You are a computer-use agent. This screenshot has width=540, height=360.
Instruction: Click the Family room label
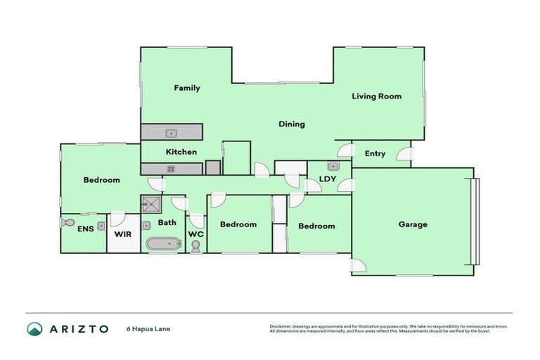pos(187,88)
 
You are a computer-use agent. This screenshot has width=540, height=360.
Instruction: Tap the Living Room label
pos(376,96)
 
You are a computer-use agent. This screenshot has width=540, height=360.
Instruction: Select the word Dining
pos(291,124)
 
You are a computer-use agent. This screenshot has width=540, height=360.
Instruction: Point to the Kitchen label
pos(181,152)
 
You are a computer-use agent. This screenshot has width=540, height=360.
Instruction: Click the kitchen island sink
pos(170,132)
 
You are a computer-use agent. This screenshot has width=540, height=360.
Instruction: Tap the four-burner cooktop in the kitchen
pos(170,169)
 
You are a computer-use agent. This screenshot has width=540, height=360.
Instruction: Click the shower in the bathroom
pos(150,204)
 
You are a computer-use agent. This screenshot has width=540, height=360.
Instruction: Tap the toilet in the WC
pos(195,245)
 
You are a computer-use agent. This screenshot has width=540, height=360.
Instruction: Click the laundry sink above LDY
pos(333,167)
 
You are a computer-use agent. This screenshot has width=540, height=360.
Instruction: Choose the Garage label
pos(413,224)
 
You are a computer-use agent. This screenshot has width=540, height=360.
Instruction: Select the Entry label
pos(375,154)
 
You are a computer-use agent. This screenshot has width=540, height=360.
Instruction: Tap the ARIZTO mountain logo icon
pos(35,329)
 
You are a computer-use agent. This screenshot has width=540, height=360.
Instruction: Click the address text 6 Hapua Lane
pos(149,329)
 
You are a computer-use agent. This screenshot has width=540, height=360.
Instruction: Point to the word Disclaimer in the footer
pos(281,326)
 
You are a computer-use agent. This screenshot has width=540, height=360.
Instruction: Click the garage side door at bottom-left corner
pos(358,266)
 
